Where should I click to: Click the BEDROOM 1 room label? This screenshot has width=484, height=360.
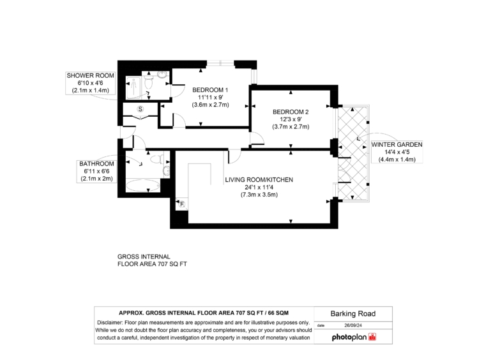coord(210,90)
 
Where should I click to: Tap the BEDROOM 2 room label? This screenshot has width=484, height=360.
coord(291,112)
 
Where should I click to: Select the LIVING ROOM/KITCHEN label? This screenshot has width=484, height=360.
coord(259,180)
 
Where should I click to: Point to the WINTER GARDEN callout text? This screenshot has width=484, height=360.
coord(397,145)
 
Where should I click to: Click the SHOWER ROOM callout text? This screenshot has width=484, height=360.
coord(91,75)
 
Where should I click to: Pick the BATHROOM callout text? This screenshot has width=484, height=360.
coord(96,164)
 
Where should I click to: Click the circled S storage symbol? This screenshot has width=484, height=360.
coord(140,109)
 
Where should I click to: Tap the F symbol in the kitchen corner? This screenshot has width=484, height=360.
coord(182,204)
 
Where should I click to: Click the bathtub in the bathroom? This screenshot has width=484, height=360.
coord(144,186)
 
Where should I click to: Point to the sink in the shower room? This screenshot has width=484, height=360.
coord(162,75)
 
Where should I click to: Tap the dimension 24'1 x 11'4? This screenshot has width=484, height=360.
coord(259,187)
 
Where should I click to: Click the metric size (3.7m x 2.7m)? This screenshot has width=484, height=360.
coord(291,127)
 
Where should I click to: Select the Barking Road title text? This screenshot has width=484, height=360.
coord(353,314)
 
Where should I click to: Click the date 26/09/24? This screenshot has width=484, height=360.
coord(353,325)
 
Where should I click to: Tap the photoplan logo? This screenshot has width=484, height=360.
coord(354,337)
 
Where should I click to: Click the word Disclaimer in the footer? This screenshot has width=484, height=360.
coord(110,323)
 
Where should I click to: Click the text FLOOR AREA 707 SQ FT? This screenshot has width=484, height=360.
coord(152,264)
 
